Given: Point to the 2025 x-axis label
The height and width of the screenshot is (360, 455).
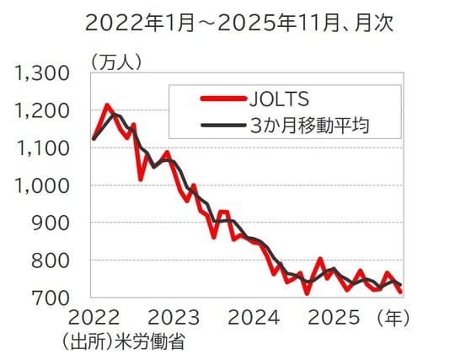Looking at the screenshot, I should [335, 318].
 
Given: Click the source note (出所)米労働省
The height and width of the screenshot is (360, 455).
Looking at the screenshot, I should [123, 341].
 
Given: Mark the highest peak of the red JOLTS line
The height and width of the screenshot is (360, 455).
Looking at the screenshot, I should [107, 105].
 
